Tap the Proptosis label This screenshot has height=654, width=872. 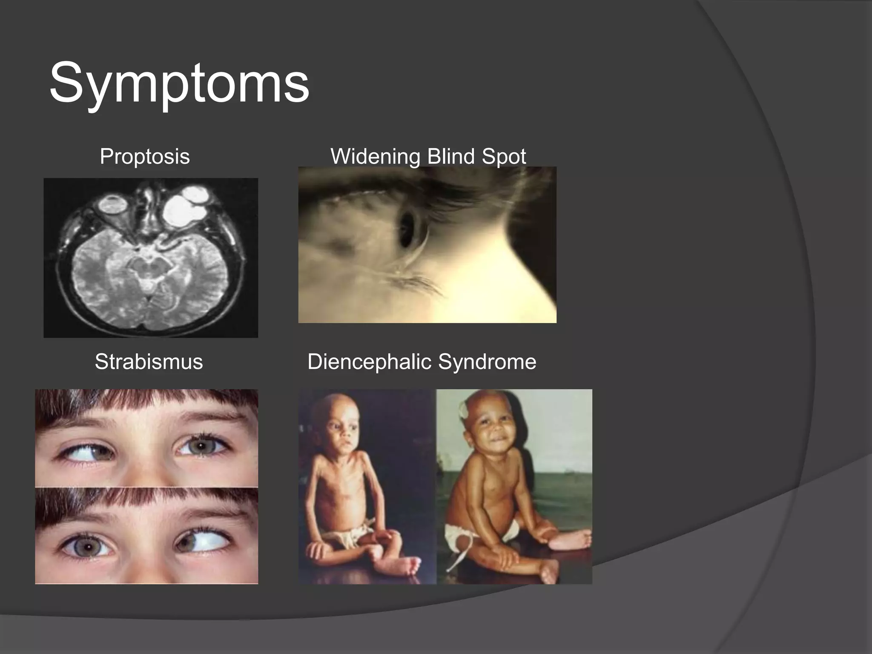(x=145, y=156)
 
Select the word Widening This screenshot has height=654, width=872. (x=375, y=156)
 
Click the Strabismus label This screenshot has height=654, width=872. (x=149, y=362)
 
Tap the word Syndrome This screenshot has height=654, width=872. (x=487, y=362)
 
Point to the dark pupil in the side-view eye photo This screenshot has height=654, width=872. (x=407, y=229)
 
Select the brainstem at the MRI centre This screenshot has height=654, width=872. (x=147, y=272)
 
